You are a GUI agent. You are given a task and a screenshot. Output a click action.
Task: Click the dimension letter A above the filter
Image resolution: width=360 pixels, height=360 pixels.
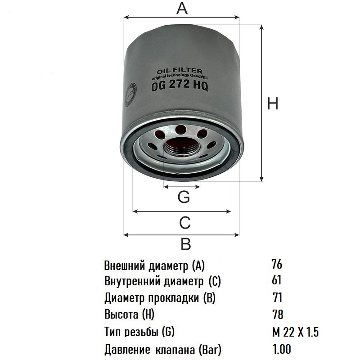click(182, 9)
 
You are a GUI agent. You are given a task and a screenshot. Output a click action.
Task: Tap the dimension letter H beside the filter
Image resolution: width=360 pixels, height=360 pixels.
click(273, 103)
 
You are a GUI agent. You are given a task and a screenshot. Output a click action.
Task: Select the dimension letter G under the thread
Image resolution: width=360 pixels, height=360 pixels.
click(184, 197)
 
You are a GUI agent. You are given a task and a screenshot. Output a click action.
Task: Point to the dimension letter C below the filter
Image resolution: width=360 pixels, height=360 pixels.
click(185, 222)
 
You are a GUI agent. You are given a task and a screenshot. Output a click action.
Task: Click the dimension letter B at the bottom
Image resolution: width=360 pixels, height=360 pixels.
click(186, 244)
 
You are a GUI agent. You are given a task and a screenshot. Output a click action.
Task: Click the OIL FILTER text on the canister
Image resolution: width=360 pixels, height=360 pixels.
click(179, 71)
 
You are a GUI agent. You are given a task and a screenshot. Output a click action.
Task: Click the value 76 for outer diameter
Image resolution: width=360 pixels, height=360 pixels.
click(277, 264)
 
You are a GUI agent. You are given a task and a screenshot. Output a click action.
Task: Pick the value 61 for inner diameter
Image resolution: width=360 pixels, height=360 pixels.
click(276, 280)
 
